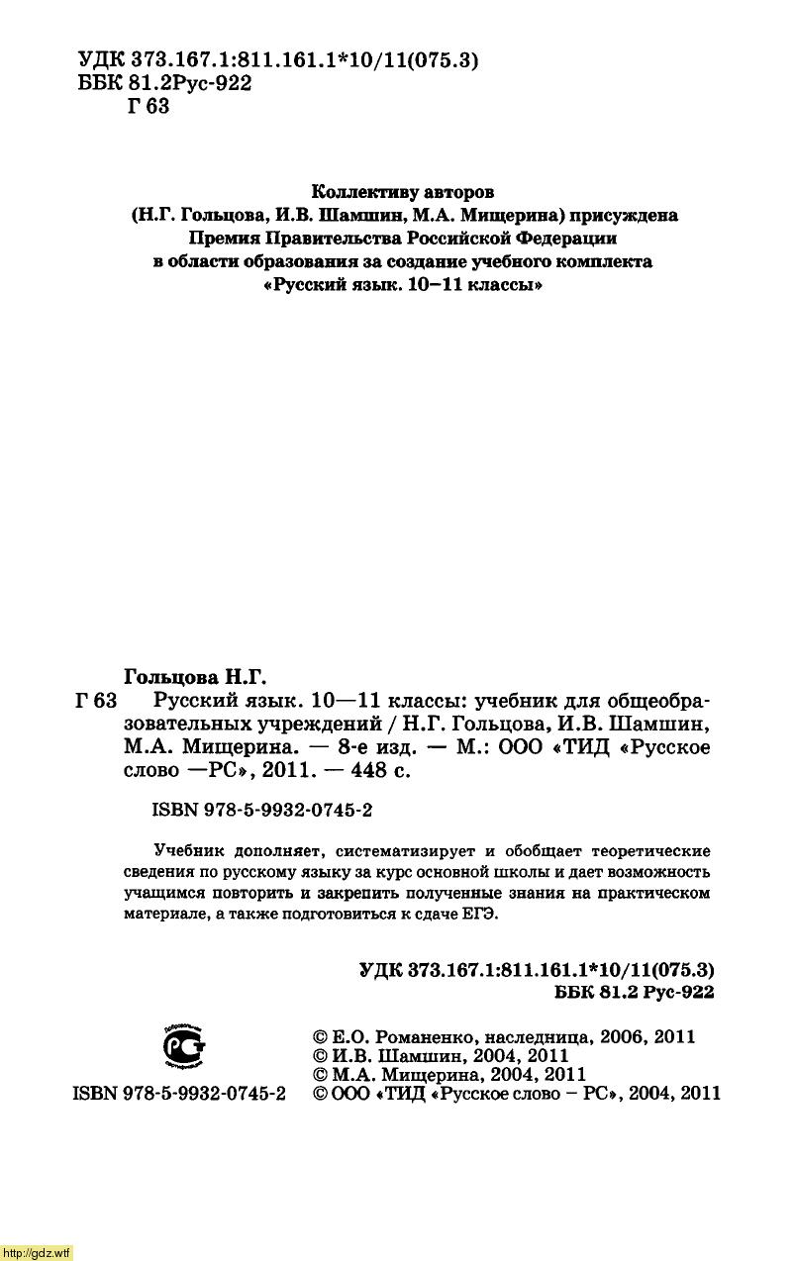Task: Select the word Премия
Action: [225, 239]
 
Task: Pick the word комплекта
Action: [606, 262]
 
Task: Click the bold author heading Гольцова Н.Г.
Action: [196, 677]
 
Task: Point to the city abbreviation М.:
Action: [466, 747]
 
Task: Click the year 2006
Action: [623, 1038]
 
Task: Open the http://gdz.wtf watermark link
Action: [37, 1252]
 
